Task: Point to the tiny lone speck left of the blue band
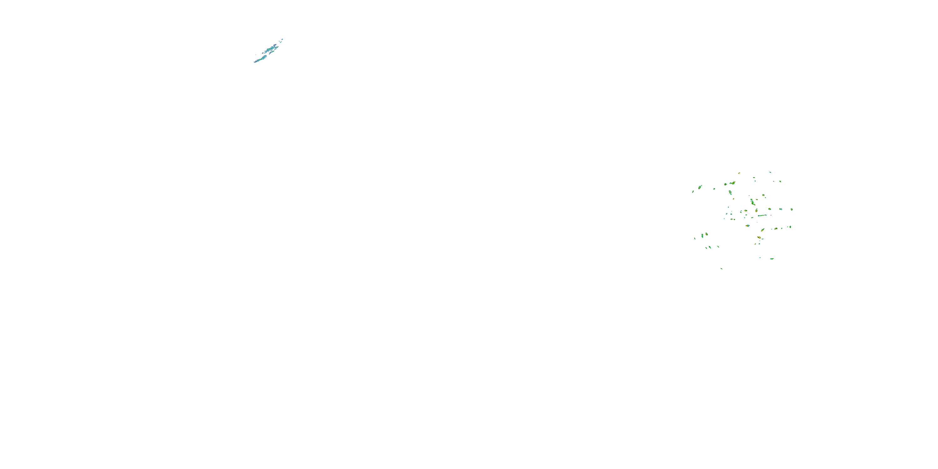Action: pyautogui.click(x=256, y=55)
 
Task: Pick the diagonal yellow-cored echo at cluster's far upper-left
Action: pyautogui.click(x=700, y=187)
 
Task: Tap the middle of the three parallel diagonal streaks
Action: pyautogui.click(x=710, y=247)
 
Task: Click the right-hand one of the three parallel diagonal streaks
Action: pyautogui.click(x=718, y=247)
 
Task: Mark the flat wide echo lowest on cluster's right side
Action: pyautogui.click(x=772, y=259)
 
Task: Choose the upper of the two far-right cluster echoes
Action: pyautogui.click(x=792, y=209)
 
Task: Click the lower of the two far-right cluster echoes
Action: pyautogui.click(x=790, y=227)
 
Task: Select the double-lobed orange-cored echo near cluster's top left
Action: pyautogui.click(x=733, y=183)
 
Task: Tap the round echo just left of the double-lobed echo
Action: pyautogui.click(x=725, y=184)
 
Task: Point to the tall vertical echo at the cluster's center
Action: pyautogui.click(x=753, y=203)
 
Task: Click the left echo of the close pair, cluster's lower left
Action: pyautogui.click(x=703, y=236)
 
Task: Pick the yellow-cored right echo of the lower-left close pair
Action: pyautogui.click(x=707, y=234)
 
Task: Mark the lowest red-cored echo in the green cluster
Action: pyautogui.click(x=759, y=237)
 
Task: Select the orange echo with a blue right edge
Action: pyautogui.click(x=748, y=226)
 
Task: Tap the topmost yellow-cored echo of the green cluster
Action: pyautogui.click(x=739, y=173)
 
